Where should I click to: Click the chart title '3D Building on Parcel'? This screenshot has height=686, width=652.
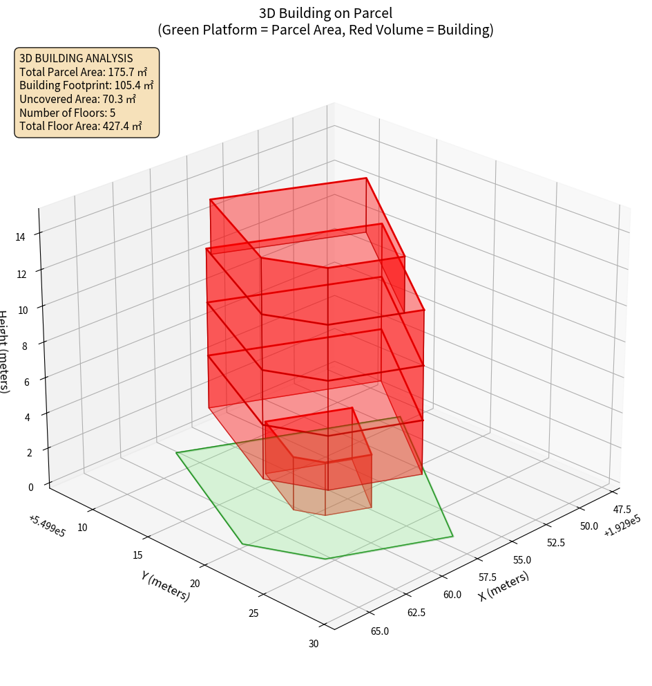click(x=325, y=13)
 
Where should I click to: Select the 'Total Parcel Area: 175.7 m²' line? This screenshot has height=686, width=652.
click(x=84, y=72)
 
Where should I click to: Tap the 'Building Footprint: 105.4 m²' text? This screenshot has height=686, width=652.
click(x=86, y=85)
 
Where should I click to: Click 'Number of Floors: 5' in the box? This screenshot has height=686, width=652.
click(x=68, y=113)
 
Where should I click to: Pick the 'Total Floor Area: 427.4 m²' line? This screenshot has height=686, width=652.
click(x=81, y=127)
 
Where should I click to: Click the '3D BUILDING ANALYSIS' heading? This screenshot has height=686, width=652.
click(x=76, y=58)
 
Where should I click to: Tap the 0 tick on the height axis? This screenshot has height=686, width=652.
click(x=30, y=487)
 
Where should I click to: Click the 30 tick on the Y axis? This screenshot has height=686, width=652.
click(x=314, y=644)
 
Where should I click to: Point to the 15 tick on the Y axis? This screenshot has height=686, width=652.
click(x=137, y=555)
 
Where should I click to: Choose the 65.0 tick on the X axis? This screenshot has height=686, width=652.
click(x=379, y=631)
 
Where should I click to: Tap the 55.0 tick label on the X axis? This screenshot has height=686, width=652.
click(x=521, y=559)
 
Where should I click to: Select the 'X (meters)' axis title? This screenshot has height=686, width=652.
click(x=504, y=586)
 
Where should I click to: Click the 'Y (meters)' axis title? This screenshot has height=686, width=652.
click(x=166, y=586)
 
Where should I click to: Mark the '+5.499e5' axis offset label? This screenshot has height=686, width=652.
click(x=47, y=526)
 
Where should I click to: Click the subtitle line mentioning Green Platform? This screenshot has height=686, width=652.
click(x=325, y=30)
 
